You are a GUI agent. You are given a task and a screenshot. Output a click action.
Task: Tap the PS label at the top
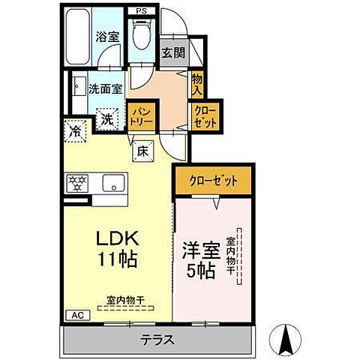coord(142,11)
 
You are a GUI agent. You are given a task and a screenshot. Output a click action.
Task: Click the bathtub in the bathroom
coord(78,37)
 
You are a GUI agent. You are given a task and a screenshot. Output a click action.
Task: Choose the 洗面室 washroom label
coord(105,88)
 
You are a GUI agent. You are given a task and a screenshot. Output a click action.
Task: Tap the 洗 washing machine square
coord(107,118)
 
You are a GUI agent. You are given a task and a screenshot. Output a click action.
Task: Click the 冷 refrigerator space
coord(75,131)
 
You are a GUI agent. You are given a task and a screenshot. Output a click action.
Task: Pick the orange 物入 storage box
coord(197,82)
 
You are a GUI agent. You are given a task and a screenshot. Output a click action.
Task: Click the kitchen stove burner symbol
coord(77,181)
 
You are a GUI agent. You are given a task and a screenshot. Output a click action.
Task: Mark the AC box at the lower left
coord(75,316)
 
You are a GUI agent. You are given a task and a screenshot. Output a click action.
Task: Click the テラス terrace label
coord(157,340)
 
